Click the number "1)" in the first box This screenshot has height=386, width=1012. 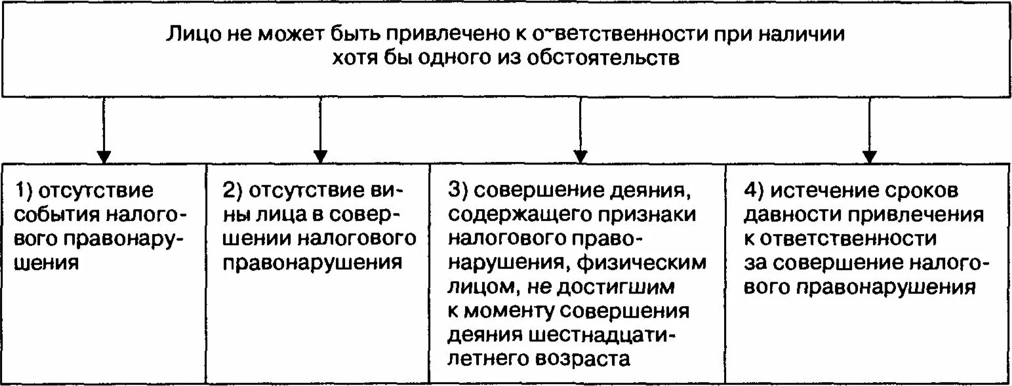point(25,191)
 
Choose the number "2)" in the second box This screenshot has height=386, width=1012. point(232,191)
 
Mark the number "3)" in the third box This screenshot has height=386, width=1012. point(456,191)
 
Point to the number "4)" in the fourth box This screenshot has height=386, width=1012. point(752,191)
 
